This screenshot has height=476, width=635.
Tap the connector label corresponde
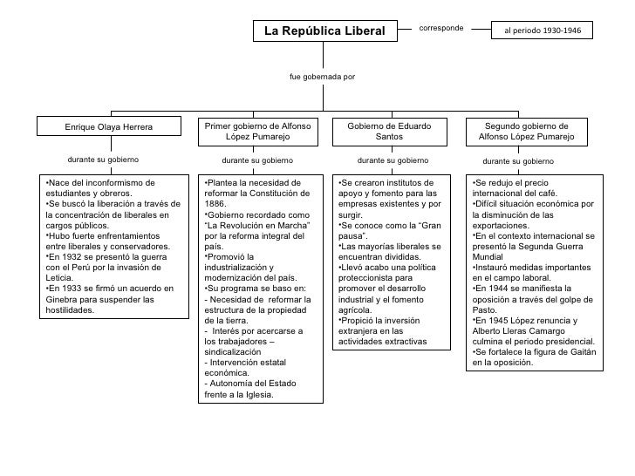click(x=441, y=28)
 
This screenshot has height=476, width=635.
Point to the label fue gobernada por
click(x=322, y=77)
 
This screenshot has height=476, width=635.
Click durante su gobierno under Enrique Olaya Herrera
click(x=103, y=160)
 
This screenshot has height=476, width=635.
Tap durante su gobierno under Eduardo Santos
click(x=393, y=161)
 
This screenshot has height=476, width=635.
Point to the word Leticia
click(x=60, y=277)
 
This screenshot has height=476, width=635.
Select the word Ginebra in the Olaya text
click(x=63, y=299)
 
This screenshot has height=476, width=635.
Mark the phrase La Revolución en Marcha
click(x=256, y=225)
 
